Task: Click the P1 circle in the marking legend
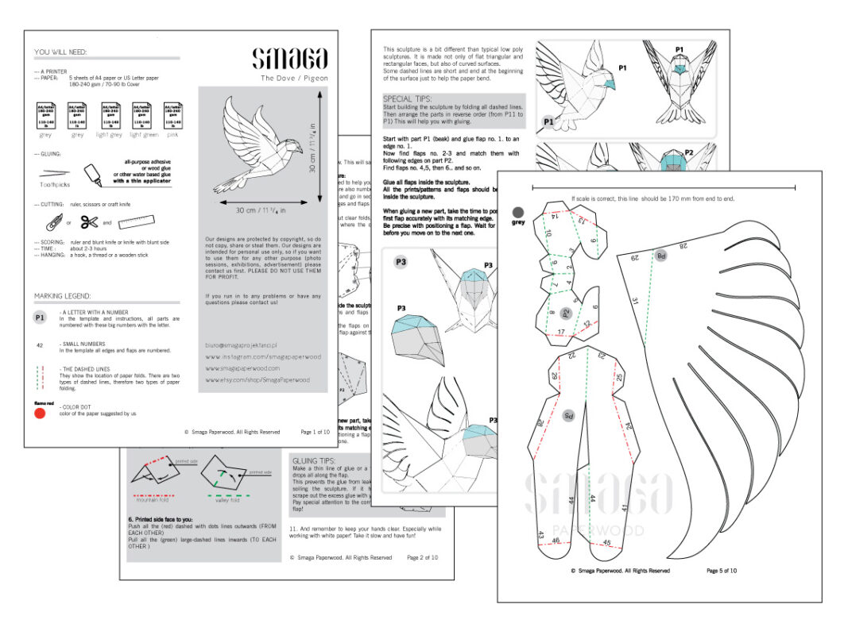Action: click(41, 317)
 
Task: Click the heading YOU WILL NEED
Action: click(60, 52)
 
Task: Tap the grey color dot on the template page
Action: click(518, 212)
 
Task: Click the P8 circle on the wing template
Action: click(660, 255)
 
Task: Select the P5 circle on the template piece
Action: click(567, 414)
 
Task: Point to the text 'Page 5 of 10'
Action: click(722, 570)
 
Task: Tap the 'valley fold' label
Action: click(226, 502)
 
